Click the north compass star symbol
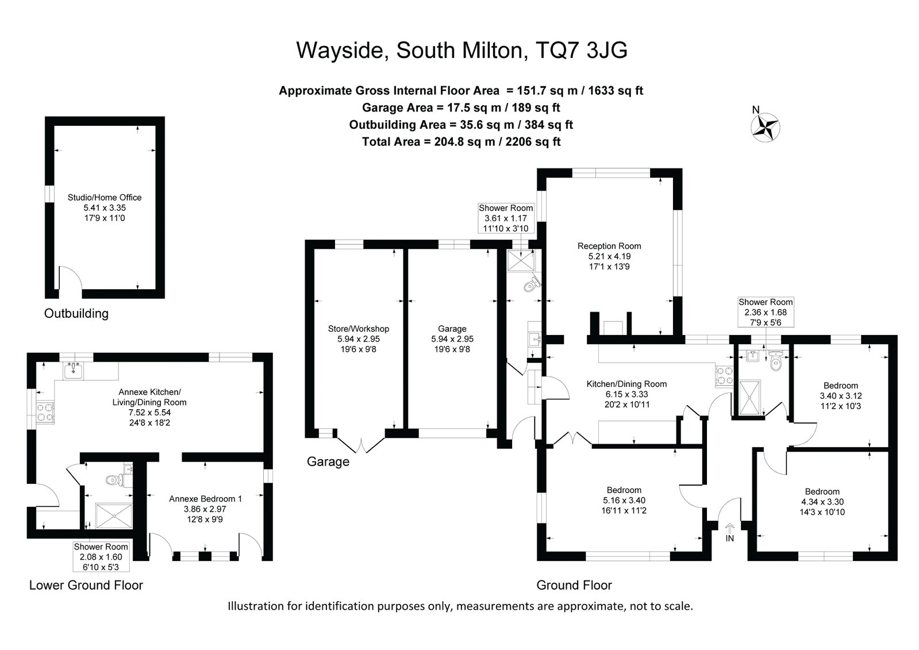[765, 128]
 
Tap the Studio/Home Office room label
[105, 197]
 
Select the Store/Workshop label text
[359, 329]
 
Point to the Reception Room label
[609, 246]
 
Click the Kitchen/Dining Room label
[626, 384]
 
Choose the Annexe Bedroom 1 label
[206, 499]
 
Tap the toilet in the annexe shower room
[114, 480]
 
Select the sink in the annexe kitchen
[73, 370]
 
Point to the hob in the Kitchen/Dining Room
[724, 376]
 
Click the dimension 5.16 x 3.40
[624, 500]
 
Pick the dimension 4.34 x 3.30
[822, 502]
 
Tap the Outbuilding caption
[76, 314]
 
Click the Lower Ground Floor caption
[86, 585]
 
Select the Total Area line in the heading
[461, 142]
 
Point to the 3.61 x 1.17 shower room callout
[505, 218]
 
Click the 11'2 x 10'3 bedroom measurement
[841, 406]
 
